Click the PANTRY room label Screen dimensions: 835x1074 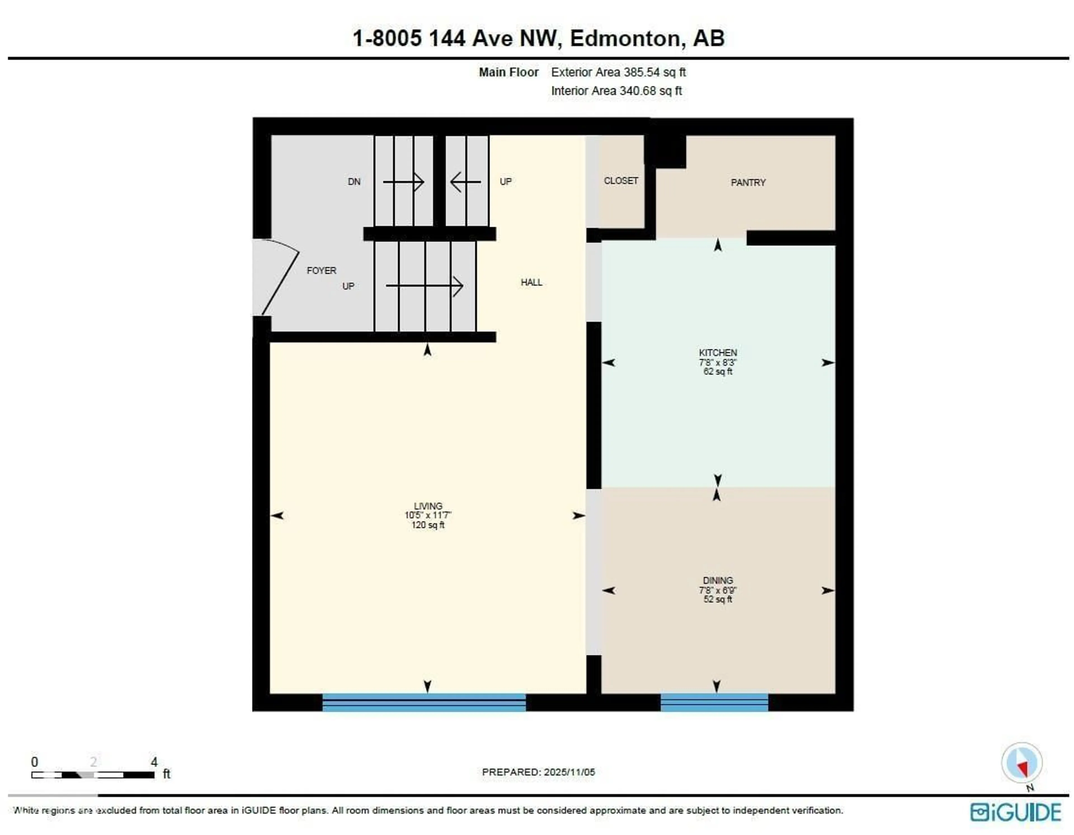748,182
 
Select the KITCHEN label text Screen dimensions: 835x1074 717,353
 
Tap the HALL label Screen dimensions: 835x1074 531,282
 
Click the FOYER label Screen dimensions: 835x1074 321,271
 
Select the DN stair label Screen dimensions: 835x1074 354,182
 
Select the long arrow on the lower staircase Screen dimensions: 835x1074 424,286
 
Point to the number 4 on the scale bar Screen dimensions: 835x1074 154,762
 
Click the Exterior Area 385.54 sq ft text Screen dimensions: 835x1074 618,72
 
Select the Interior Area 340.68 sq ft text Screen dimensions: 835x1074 616,91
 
